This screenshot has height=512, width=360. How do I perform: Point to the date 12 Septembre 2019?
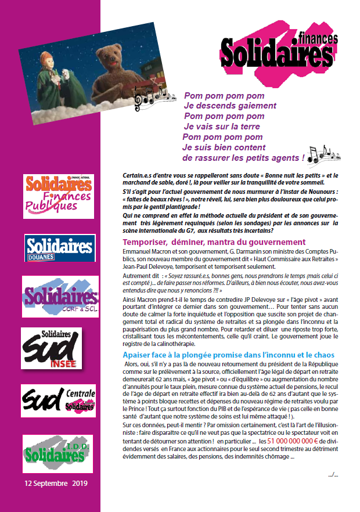pyautogui.click(x=55, y=483)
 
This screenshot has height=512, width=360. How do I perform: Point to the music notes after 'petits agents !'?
pyautogui.click(x=321, y=154)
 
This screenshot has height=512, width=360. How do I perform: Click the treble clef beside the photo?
pyautogui.click(x=138, y=103)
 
